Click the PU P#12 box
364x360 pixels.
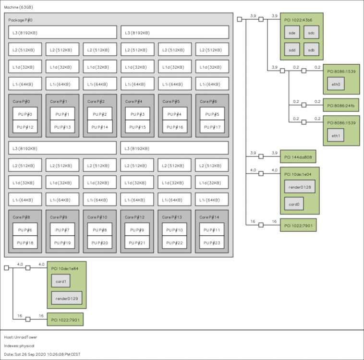click(x=25, y=127)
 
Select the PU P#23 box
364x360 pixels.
click(x=212, y=242)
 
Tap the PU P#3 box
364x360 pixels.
click(x=137, y=114)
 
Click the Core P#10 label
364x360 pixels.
click(x=97, y=217)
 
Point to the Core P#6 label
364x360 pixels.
click(x=208, y=101)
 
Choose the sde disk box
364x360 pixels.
click(x=292, y=32)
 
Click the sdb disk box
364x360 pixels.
click(x=311, y=49)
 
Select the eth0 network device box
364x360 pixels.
click(x=336, y=84)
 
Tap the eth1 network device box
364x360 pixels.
click(x=336, y=135)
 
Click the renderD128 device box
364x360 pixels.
click(x=300, y=187)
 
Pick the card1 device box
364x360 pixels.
click(x=61, y=281)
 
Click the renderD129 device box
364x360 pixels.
click(x=67, y=298)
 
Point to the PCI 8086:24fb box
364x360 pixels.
click(x=341, y=105)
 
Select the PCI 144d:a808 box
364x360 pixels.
click(x=298, y=156)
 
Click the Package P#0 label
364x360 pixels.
click(x=21, y=20)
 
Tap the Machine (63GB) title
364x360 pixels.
click(x=18, y=7)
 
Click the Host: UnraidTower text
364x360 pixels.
click(x=21, y=337)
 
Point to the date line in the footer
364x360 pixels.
click(x=42, y=354)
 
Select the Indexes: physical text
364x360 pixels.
click(x=19, y=346)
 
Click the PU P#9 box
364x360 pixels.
click(x=137, y=229)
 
